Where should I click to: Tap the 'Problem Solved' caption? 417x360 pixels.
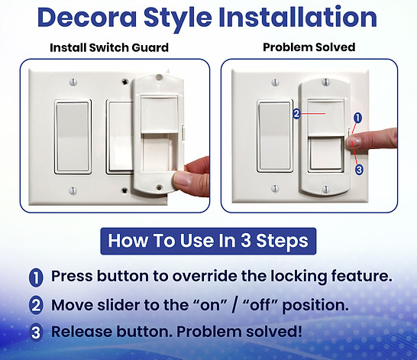coord(309,47)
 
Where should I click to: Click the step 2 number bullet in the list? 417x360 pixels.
coord(36,305)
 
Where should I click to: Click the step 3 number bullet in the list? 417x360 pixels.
coord(36,332)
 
